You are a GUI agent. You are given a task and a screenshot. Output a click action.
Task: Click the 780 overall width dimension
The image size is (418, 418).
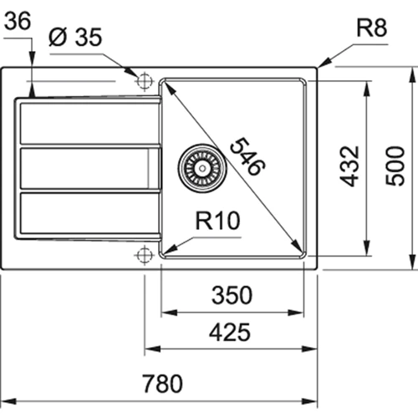pos(162,385)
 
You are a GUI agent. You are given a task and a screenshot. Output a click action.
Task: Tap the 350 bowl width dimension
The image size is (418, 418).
pos(232,295)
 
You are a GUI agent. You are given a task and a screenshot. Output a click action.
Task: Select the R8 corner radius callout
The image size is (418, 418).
pos(370,30)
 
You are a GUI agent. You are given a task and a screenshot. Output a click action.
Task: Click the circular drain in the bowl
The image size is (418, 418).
pos(201,166)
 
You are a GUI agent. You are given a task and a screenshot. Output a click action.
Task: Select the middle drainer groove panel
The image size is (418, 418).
pos(88,167)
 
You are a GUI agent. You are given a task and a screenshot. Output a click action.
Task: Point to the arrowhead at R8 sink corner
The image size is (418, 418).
pos(322,64)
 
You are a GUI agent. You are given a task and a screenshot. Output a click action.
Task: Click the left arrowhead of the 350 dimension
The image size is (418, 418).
pos(166,312)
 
